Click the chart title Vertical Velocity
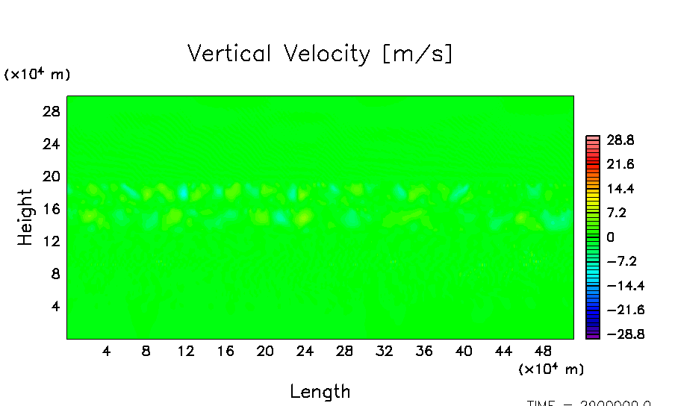click(320, 54)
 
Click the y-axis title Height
click(25, 217)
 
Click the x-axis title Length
click(320, 391)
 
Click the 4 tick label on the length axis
click(106, 351)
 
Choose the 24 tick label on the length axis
click(304, 351)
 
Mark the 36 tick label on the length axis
click(423, 351)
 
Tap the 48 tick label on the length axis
click(543, 351)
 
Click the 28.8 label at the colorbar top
click(620, 140)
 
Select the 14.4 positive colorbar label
click(620, 188)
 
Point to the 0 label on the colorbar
click(610, 237)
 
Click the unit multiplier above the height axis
click(37, 74)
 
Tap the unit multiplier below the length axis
click(551, 369)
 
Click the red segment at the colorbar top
click(592, 139)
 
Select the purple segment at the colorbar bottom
click(592, 336)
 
